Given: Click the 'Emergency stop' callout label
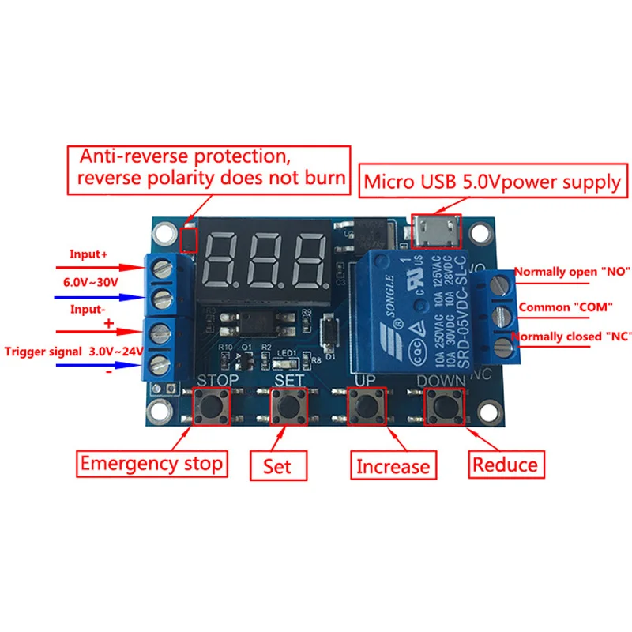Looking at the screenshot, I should pos(152,464).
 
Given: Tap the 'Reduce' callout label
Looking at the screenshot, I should pos(505,464).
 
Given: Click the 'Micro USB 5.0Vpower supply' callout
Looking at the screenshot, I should pos(492,182).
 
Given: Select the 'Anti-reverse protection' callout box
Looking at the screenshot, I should pos(208,167).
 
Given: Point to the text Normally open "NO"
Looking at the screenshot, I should pos(572,272).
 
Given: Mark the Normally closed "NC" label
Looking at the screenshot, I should pos(570,337).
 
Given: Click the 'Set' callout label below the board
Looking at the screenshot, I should pos(278,466).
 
